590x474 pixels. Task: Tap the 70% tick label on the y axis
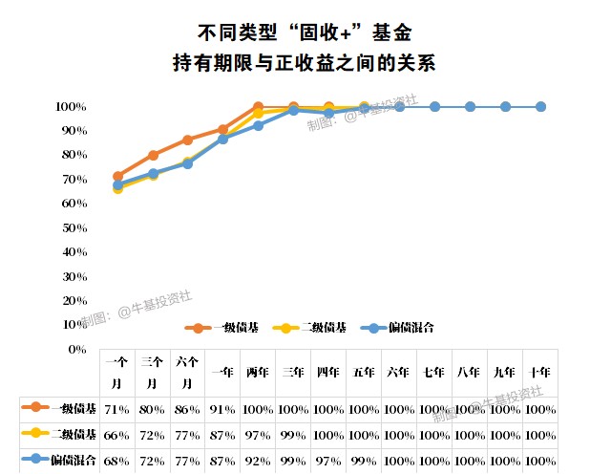73,179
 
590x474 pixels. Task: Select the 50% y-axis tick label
73,227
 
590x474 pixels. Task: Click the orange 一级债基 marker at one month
117,177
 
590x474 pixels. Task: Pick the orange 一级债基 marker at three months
153,155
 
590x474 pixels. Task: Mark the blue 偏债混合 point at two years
258,125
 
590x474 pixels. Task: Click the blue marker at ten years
540,106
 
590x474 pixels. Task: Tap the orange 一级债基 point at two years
258,106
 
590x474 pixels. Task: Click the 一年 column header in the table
222,373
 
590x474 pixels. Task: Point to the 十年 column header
539,373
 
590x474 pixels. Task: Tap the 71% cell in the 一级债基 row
117,409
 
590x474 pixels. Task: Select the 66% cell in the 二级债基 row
117,434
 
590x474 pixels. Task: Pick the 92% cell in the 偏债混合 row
258,460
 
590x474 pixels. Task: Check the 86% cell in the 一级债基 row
187,409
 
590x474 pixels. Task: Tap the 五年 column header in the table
364,373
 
